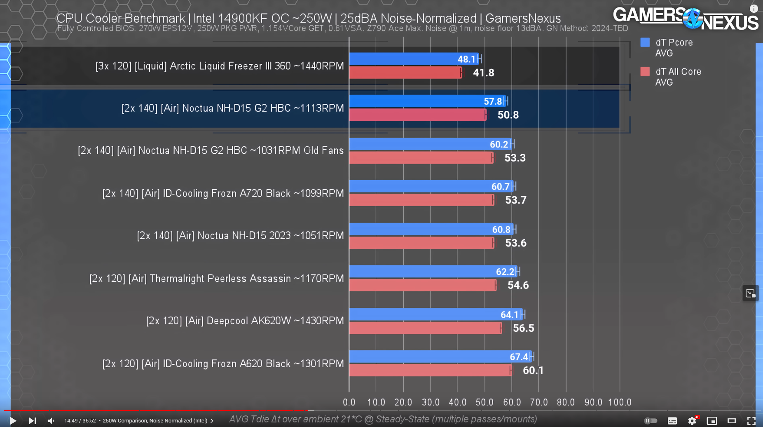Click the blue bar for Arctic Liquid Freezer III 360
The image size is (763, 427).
click(x=412, y=59)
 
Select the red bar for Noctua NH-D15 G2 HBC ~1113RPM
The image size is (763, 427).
click(x=416, y=115)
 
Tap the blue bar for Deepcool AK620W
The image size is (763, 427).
click(x=433, y=314)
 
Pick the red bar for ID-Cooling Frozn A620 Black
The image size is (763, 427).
click(x=428, y=370)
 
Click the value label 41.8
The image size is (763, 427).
click(x=483, y=73)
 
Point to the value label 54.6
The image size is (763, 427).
click(x=518, y=285)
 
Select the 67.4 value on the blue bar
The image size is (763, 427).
click(x=519, y=357)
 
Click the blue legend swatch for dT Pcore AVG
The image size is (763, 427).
click(x=645, y=42)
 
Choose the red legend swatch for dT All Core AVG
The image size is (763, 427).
click(x=645, y=72)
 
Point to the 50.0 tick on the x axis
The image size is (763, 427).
click(x=484, y=402)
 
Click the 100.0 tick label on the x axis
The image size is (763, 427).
click(x=620, y=402)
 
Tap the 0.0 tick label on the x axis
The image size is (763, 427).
click(x=349, y=402)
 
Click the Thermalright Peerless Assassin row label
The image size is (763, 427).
click(x=216, y=279)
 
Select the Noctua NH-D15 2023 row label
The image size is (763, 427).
click(x=240, y=236)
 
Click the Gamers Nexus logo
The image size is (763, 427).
click(x=685, y=19)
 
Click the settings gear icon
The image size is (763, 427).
click(x=692, y=420)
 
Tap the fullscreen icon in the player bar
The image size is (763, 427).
click(x=751, y=420)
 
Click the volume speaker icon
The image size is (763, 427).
click(x=51, y=420)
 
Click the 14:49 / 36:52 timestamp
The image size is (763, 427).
click(x=80, y=420)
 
